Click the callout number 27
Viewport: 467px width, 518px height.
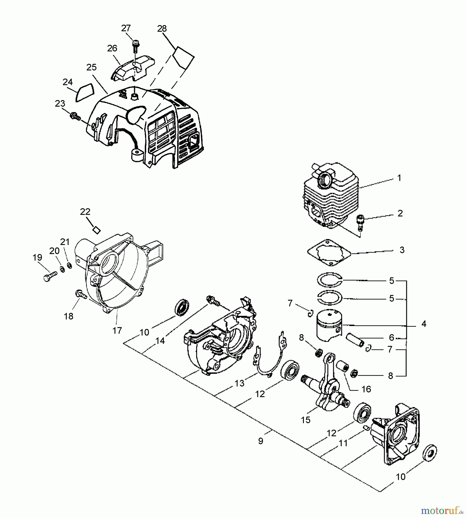[126, 28]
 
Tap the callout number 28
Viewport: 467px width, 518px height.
[162, 28]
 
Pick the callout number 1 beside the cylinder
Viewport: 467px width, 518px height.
[399, 178]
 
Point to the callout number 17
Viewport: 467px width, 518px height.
[117, 331]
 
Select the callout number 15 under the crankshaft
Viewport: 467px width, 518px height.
[306, 420]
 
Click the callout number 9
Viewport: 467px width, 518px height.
[261, 441]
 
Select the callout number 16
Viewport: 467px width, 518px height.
[366, 389]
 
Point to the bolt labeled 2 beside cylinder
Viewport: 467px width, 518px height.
[360, 221]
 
